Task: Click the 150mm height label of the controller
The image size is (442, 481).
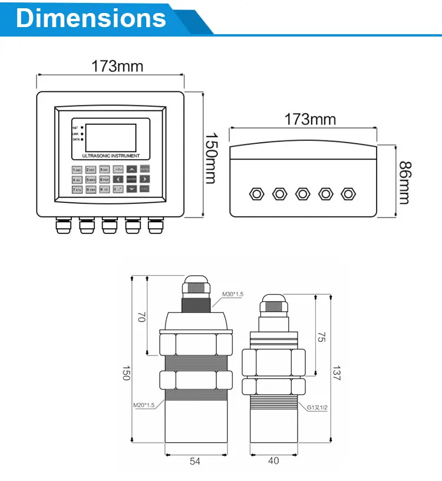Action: point(210,158)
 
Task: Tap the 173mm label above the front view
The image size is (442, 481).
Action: point(117,66)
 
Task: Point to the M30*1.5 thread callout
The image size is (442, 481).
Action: point(233,294)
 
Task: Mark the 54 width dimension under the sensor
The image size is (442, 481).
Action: point(194,461)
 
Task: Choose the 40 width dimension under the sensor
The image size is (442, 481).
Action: point(273,461)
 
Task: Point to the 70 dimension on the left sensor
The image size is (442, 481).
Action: point(140,317)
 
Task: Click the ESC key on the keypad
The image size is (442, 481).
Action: point(145,189)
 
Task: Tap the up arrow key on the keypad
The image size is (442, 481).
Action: point(131,169)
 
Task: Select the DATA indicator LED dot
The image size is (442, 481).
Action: point(82,140)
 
